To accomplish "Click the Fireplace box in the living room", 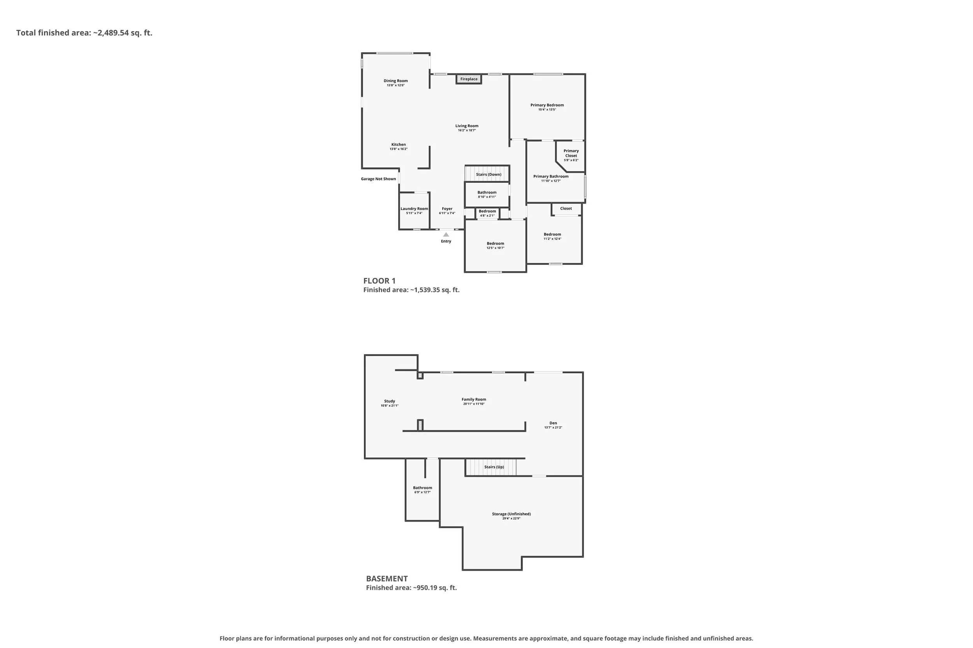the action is coord(469,79).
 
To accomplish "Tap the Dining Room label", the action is coord(395,81).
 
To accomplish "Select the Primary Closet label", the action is coord(571,153).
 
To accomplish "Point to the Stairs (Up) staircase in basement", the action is coord(491,467).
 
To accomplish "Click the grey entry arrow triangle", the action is coord(446,234).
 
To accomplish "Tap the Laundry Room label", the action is coord(414,209).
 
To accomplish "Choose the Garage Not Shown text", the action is coord(379,179).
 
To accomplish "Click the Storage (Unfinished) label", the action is coord(511,514).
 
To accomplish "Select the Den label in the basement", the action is coord(553,423).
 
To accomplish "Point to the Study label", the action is coord(389,401).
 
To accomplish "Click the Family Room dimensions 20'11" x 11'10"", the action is coord(474,404).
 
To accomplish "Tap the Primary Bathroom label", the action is coord(551,176).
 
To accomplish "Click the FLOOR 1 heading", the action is coord(379,281).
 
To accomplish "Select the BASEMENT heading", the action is coord(387,578).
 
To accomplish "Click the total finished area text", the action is coord(84,33).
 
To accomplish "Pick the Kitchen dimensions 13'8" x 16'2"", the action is coord(399,149).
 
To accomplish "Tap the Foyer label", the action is coord(447,209).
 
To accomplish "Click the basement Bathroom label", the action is coord(422,488).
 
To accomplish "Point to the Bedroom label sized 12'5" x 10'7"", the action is coord(495,243).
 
